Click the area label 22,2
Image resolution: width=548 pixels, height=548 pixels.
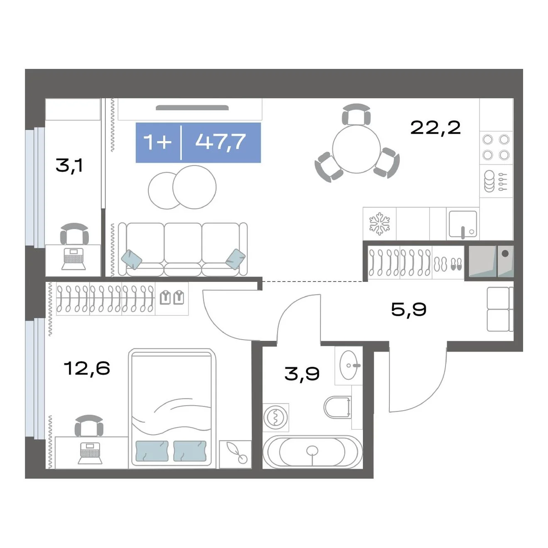click(x=435, y=128)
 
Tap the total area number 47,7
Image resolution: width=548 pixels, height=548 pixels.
click(x=220, y=142)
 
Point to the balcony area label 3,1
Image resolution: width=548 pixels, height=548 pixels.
click(x=69, y=166)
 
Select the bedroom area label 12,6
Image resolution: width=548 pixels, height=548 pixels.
click(x=87, y=368)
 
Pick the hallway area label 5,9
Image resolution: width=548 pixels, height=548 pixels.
click(x=409, y=309)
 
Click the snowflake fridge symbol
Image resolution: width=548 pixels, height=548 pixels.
click(x=379, y=223)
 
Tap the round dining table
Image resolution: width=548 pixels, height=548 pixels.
click(x=356, y=149)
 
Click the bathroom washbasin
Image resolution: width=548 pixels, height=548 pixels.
click(x=349, y=365)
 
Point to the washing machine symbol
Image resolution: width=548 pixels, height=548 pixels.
click(x=276, y=417)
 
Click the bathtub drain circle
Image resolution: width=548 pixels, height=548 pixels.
click(x=312, y=450)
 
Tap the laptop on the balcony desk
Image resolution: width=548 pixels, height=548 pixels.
click(x=73, y=259)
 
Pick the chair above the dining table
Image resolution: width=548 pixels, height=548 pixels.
click(x=356, y=114)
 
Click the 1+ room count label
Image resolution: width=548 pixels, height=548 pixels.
click(x=157, y=142)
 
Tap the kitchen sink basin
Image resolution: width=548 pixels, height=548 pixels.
click(x=462, y=224)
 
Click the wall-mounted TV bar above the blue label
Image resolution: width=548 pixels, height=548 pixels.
click(x=192, y=108)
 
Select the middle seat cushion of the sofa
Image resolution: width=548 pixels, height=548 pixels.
click(x=183, y=243)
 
